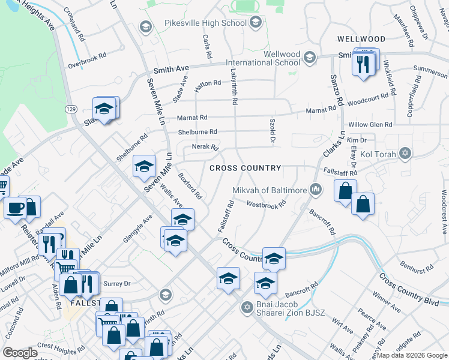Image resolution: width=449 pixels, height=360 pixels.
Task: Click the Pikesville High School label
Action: click(x=205, y=23)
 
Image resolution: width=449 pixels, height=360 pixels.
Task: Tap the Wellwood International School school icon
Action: click(x=310, y=58)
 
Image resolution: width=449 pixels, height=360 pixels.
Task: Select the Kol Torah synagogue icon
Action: click(x=406, y=154)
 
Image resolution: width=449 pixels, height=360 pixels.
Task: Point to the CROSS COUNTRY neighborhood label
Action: click(x=246, y=168)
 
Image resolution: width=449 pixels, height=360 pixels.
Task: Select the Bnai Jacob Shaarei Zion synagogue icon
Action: click(x=246, y=308)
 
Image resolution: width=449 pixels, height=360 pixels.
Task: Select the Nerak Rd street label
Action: click(x=205, y=147)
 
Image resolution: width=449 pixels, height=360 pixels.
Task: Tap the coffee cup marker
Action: click(x=15, y=208)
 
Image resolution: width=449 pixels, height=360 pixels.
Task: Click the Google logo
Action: click(x=20, y=352)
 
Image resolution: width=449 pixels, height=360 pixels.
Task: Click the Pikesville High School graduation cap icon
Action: click(x=256, y=23)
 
